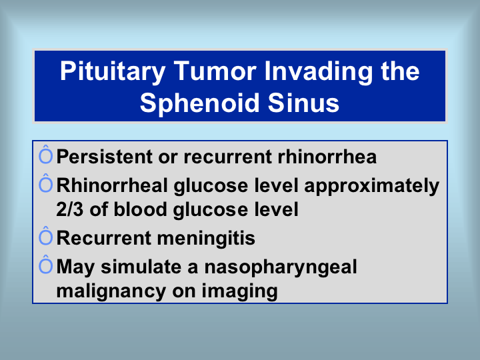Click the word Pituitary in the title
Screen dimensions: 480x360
click(113, 72)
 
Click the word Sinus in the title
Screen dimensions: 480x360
click(303, 103)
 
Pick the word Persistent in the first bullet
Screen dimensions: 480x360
click(105, 157)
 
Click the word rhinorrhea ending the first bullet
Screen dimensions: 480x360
click(327, 157)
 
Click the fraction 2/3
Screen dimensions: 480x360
click(70, 209)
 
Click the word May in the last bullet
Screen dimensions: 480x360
click(75, 267)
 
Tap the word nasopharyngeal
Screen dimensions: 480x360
click(281, 267)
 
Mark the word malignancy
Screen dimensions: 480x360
click(111, 291)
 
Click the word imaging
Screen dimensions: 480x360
click(240, 291)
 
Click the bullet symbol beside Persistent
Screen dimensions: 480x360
click(45, 155)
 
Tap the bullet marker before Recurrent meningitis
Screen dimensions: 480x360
click(45, 236)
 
